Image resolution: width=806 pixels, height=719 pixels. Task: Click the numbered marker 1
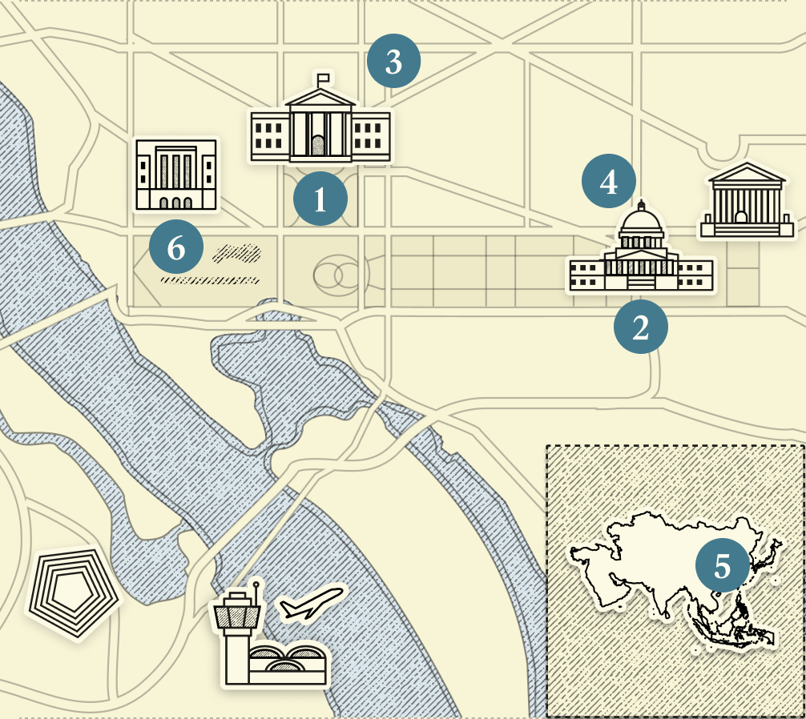(x=320, y=199)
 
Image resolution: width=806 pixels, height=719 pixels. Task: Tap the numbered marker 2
(x=640, y=327)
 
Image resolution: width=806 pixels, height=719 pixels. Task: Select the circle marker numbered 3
(x=393, y=61)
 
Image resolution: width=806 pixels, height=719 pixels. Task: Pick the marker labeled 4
(x=609, y=181)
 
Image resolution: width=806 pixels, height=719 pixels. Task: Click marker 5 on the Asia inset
(x=722, y=565)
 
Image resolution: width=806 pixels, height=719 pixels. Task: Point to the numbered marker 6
(x=176, y=248)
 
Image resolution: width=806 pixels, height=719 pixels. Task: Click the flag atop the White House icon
(x=324, y=78)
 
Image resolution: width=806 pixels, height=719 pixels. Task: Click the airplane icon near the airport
(x=312, y=604)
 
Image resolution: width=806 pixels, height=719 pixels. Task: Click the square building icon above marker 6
(x=176, y=175)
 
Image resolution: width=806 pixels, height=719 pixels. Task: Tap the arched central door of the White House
(x=319, y=145)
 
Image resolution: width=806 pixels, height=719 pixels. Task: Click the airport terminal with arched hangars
(x=287, y=663)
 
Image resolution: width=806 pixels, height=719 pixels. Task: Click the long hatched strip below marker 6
(x=210, y=280)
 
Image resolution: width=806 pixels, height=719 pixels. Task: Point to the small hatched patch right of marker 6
(x=238, y=254)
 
